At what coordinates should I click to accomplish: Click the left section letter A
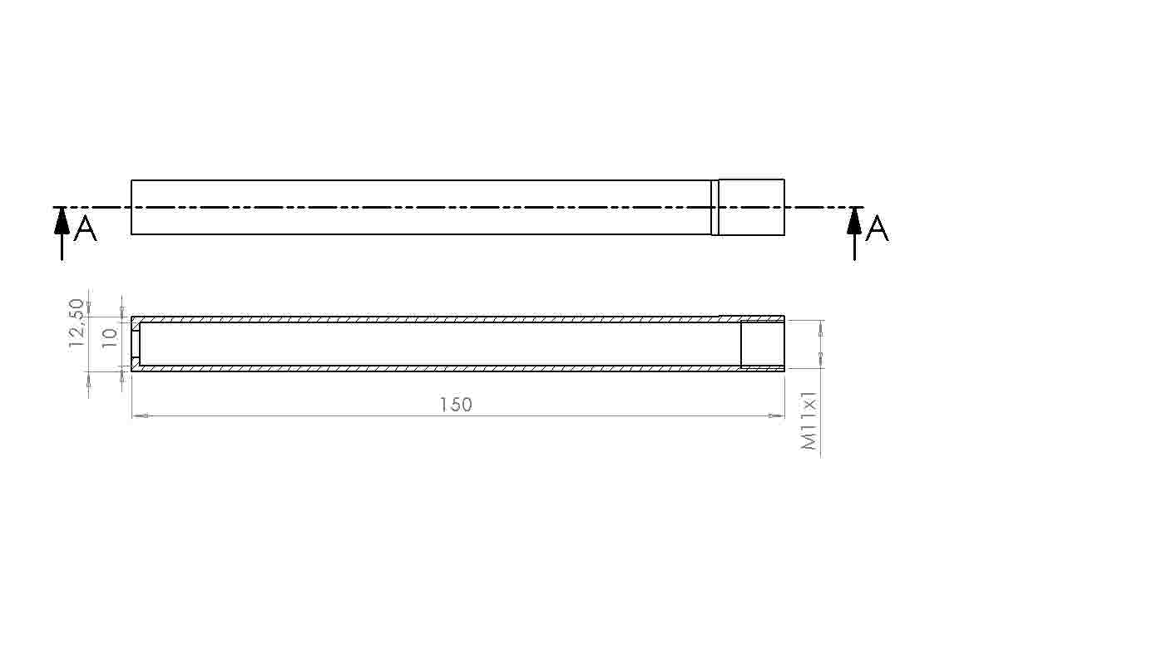click(86, 229)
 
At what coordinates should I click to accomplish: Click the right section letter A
click(878, 229)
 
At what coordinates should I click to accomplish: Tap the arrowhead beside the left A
click(62, 220)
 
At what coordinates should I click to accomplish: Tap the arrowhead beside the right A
click(854, 220)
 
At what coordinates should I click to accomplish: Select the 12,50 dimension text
click(76, 324)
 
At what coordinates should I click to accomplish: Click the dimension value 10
click(110, 338)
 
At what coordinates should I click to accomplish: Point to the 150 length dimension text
click(456, 405)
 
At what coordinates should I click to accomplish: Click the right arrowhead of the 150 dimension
click(776, 415)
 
